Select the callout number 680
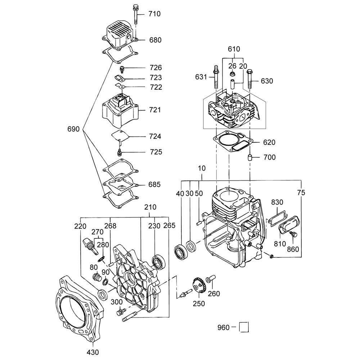click(155, 40)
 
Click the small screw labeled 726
click(122, 68)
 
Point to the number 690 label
click(73, 129)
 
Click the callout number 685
click(155, 185)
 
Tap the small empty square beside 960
click(244, 328)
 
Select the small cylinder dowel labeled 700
click(249, 157)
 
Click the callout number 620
click(269, 143)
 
